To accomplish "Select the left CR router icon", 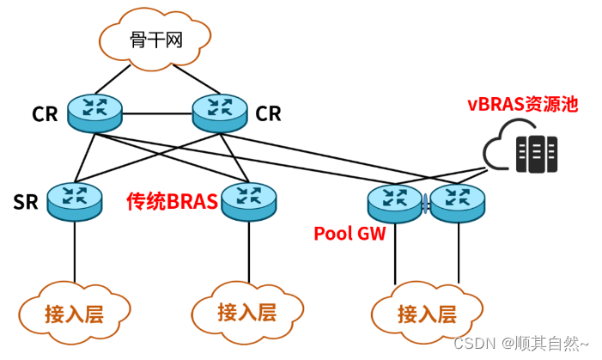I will [x=96, y=113].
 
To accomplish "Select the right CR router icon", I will [x=220, y=113].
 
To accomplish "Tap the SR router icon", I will [x=74, y=201].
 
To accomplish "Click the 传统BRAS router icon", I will [x=249, y=201].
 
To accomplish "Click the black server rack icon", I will [x=536, y=153].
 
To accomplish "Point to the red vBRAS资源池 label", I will [x=522, y=105].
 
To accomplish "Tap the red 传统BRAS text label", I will [x=171, y=202].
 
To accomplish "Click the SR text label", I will [x=24, y=203].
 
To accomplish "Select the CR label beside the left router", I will [x=45, y=114].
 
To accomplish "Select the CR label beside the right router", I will [x=269, y=114].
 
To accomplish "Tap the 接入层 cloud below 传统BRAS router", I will [x=246, y=311].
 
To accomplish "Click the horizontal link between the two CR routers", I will [x=158, y=113].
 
